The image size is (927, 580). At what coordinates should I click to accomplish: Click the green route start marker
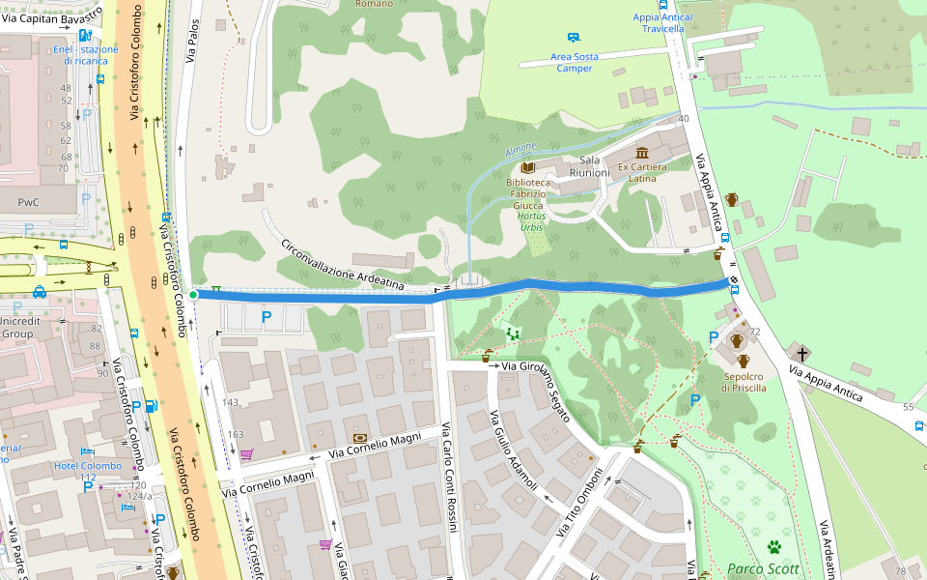click(x=193, y=294)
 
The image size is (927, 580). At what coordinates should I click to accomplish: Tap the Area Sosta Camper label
click(x=575, y=63)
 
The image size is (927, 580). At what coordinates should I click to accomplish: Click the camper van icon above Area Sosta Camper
click(x=574, y=37)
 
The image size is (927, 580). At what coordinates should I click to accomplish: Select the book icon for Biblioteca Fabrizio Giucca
click(x=527, y=167)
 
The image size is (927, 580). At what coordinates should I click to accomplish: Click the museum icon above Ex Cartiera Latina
click(x=642, y=152)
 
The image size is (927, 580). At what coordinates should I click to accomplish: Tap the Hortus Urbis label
click(x=531, y=220)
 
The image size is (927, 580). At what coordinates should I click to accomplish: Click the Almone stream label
click(x=520, y=151)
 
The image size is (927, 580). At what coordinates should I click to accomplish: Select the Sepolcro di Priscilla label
click(x=743, y=382)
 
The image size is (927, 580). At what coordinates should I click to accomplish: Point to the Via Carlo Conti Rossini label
click(x=449, y=478)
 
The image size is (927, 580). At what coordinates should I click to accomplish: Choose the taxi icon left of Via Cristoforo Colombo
click(x=39, y=292)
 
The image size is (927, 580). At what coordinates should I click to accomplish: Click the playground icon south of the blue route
click(x=513, y=333)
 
